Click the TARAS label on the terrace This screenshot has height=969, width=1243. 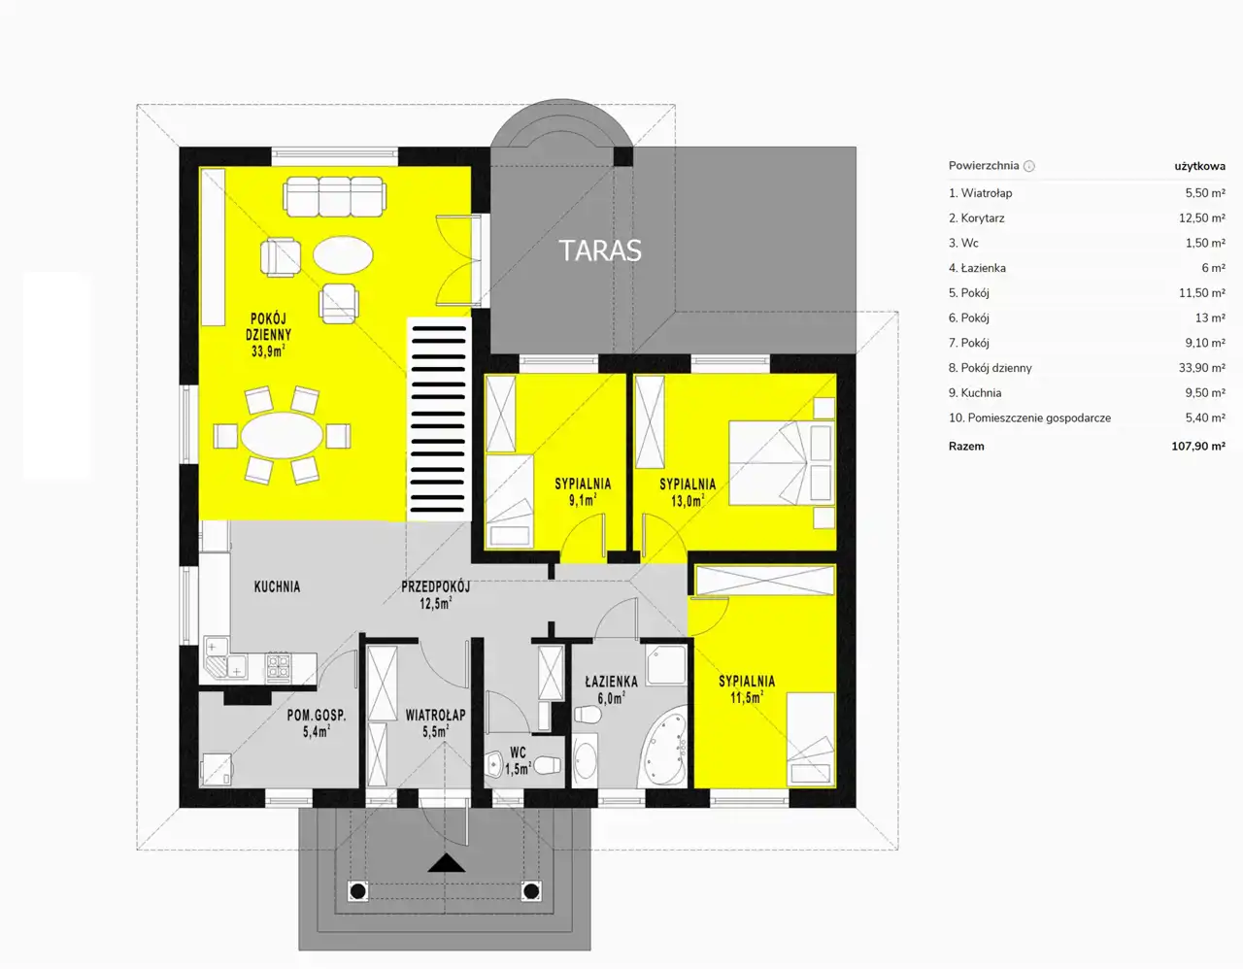[x=599, y=251]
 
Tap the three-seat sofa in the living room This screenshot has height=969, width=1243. [x=335, y=197]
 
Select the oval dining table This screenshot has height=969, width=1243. [x=282, y=436]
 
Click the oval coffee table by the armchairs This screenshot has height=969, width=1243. [x=343, y=255]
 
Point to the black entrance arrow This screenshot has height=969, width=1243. [x=447, y=862]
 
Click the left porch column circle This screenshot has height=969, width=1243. [x=358, y=890]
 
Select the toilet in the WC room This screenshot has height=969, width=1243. [x=548, y=765]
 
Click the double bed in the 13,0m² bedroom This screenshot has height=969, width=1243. [x=781, y=463]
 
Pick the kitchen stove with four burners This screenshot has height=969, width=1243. [x=278, y=667]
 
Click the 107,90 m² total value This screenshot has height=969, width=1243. [x=1197, y=446]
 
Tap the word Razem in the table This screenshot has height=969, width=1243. [x=966, y=446]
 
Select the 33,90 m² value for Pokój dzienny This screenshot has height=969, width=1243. [x=1201, y=368]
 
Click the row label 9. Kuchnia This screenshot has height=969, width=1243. [x=975, y=392]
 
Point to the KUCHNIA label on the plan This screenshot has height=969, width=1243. [x=277, y=586]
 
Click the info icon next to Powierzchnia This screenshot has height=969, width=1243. [x=1028, y=166]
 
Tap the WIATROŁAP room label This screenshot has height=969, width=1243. [x=435, y=715]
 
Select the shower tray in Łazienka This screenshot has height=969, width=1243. [x=666, y=664]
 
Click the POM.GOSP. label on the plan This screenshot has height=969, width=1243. [x=317, y=715]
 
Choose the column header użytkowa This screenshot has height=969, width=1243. [x=1199, y=166]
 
